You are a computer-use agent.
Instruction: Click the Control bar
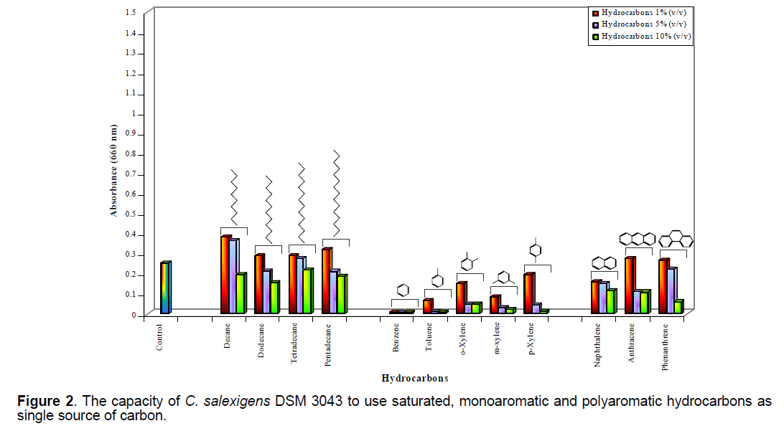[x=165, y=288]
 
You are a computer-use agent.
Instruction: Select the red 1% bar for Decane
[x=225, y=275]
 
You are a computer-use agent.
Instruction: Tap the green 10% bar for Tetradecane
[x=307, y=292]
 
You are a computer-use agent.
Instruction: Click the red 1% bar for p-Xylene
[x=528, y=294]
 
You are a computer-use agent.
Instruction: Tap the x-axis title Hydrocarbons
[x=415, y=378]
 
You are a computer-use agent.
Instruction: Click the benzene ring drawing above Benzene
[x=403, y=290]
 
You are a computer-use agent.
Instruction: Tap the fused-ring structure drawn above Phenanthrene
[x=675, y=239]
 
